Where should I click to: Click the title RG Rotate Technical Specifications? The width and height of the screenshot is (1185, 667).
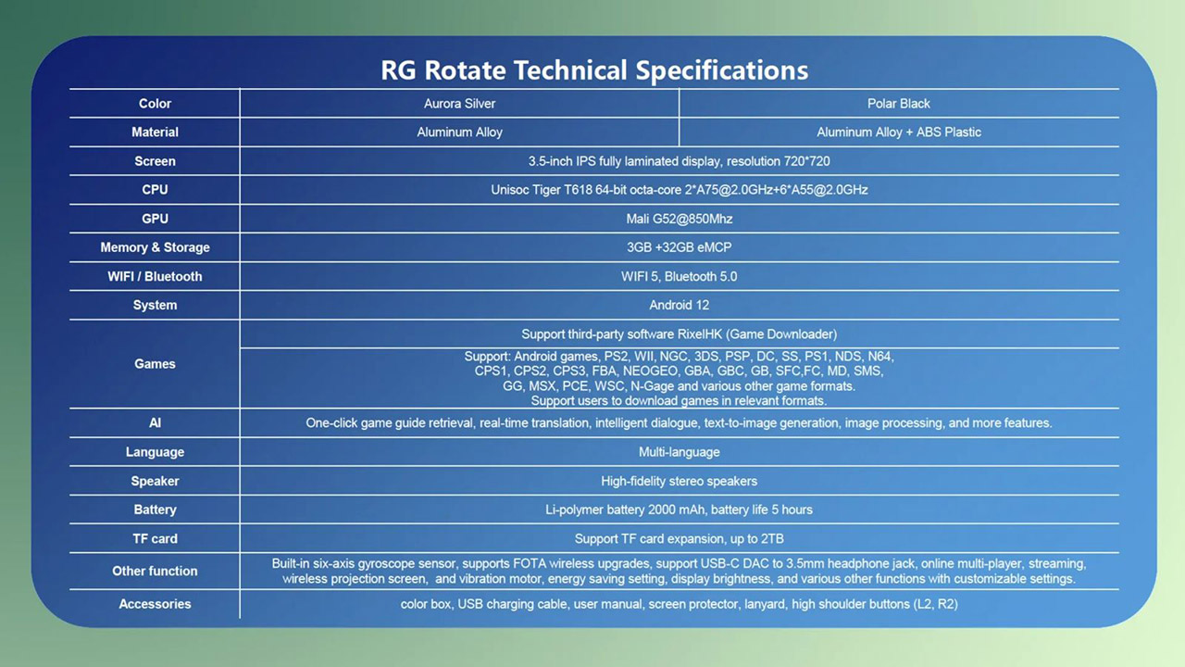point(593,70)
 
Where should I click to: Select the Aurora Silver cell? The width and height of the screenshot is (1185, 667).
point(459,104)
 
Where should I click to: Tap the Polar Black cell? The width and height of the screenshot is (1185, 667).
point(898,104)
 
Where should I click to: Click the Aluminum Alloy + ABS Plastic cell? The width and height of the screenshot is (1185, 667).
point(898,132)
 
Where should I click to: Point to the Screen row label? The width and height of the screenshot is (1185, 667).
point(155,161)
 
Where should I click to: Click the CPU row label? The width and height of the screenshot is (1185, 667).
point(155,190)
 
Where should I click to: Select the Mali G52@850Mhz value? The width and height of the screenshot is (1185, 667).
point(679,219)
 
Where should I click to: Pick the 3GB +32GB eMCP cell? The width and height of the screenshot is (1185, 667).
point(679,247)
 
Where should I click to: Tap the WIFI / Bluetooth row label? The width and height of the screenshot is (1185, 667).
point(155,276)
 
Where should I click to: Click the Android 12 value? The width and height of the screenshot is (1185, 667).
point(679,305)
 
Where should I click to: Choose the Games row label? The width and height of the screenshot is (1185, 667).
point(155,364)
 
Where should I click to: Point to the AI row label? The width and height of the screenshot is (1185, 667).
point(155,422)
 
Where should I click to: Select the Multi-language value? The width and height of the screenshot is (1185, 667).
point(679,452)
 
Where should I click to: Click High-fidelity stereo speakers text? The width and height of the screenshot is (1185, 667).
point(679,481)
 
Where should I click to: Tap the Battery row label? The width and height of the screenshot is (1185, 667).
point(155,510)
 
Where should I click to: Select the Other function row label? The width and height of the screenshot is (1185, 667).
point(155,571)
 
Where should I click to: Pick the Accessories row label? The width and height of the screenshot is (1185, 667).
point(155,604)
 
